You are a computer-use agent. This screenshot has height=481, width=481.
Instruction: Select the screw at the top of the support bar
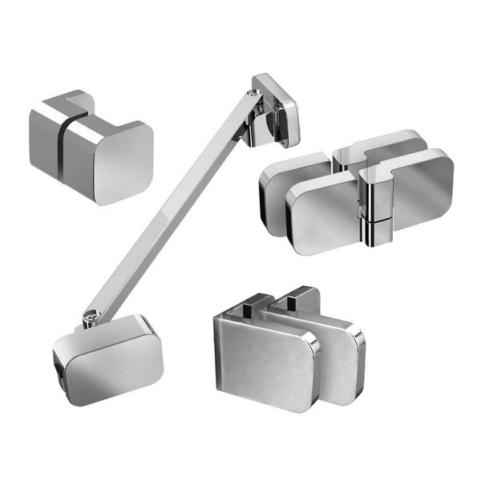tap(256, 94)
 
